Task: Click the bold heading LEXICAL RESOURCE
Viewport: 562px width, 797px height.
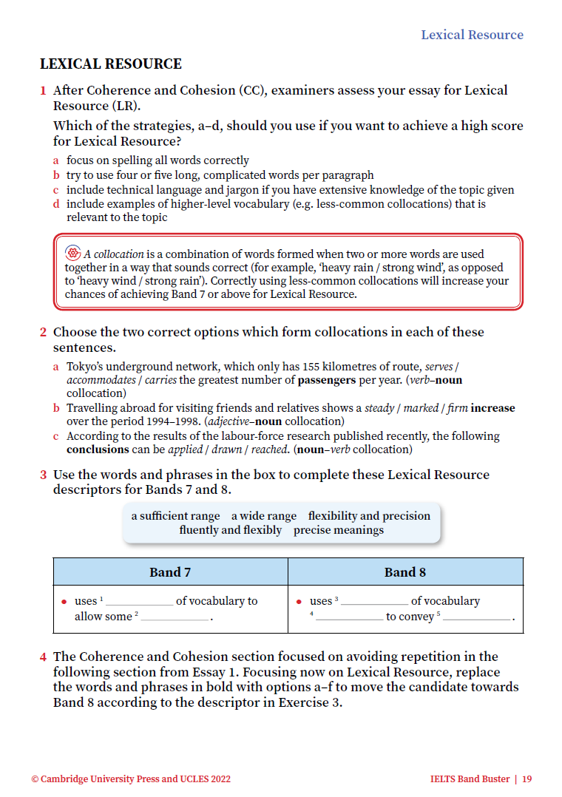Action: (x=110, y=64)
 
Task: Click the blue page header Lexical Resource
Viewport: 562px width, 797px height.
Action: (x=472, y=35)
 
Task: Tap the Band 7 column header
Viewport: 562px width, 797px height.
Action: (x=170, y=572)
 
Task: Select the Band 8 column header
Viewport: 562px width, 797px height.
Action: (x=404, y=572)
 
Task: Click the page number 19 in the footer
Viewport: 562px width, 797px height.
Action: (x=527, y=779)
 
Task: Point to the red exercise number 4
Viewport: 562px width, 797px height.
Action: (x=44, y=657)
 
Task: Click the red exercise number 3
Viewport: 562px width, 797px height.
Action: (x=44, y=475)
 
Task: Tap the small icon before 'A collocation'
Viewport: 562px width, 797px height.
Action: (x=72, y=254)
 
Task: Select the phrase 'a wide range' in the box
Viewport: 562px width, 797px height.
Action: (x=264, y=516)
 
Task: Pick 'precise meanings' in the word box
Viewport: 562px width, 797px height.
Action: (x=339, y=530)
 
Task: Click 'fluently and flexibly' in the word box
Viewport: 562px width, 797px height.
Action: (x=230, y=530)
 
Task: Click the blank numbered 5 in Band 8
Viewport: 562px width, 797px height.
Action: (x=477, y=617)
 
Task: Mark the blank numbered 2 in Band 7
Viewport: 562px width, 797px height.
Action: (x=175, y=617)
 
